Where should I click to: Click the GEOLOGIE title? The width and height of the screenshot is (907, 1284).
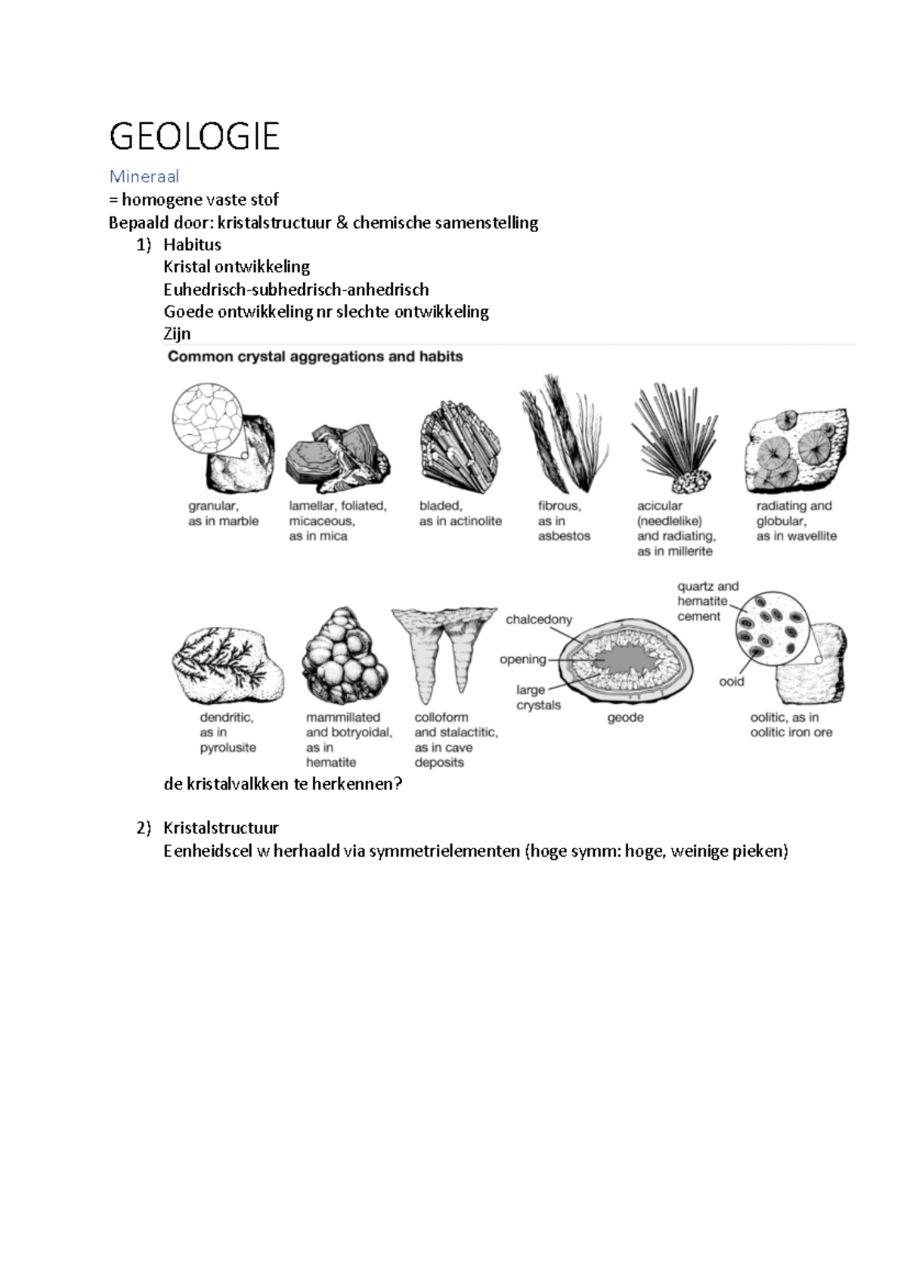click(x=194, y=136)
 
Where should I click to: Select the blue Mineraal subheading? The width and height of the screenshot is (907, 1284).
click(x=144, y=176)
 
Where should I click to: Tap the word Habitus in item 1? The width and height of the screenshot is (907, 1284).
click(x=192, y=244)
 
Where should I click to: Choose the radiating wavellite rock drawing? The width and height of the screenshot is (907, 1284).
click(x=795, y=451)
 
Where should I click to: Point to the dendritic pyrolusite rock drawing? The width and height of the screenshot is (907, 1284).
click(x=227, y=665)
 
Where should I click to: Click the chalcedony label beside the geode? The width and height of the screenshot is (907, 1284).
click(x=539, y=619)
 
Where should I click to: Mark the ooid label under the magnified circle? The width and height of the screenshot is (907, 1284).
click(x=731, y=681)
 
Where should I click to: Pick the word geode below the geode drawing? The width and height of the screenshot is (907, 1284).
click(x=625, y=717)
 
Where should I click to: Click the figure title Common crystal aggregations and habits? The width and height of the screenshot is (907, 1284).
click(x=315, y=356)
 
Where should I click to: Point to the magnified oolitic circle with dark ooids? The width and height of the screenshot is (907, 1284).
click(x=772, y=628)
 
